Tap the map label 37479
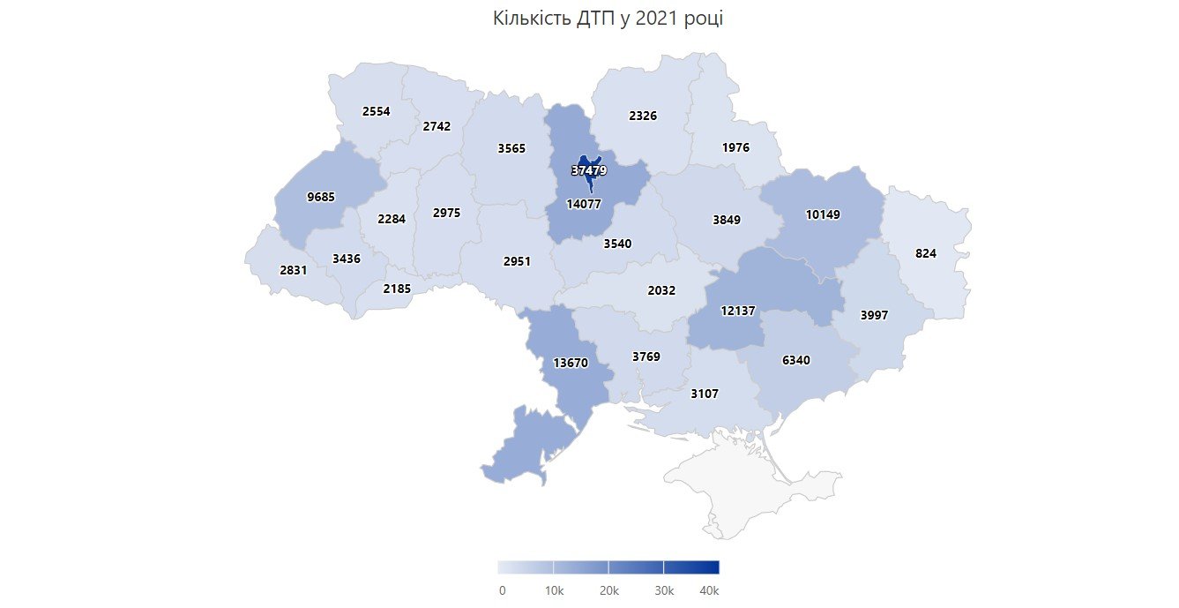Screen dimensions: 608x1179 589,169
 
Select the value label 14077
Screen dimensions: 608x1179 583,204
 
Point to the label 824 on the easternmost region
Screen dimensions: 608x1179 926,253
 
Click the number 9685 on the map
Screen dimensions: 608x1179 321,198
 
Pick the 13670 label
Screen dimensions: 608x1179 571,363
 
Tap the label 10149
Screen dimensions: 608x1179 824,214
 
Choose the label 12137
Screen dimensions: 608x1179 738,312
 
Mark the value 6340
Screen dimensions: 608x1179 795,360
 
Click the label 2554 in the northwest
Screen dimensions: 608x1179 376,112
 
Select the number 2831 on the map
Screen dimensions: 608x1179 293,271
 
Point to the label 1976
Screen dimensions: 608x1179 735,148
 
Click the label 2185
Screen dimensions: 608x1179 397,289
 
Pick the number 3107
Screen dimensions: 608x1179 705,394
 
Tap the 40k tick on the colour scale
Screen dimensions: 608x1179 710,590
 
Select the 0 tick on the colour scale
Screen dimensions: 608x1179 502,590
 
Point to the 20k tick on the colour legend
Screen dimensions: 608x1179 609,590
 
